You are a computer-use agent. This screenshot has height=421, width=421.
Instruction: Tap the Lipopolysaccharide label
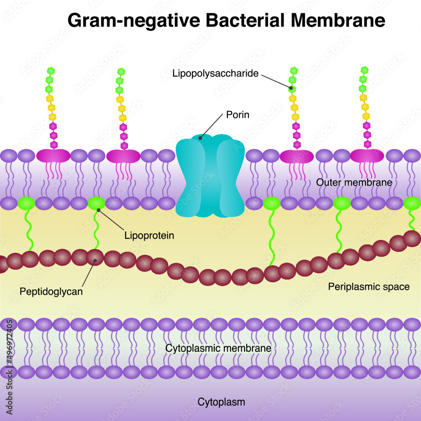click(x=215, y=74)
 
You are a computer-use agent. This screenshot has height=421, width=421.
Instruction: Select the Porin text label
click(x=237, y=115)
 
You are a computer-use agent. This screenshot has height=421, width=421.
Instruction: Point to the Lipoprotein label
click(x=149, y=235)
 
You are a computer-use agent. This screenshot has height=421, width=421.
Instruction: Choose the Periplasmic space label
click(x=368, y=287)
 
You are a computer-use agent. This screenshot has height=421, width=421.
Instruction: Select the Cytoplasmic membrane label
click(x=218, y=349)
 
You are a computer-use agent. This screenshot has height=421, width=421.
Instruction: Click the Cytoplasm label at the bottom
click(x=221, y=402)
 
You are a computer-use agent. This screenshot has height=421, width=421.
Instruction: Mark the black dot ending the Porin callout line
click(x=201, y=137)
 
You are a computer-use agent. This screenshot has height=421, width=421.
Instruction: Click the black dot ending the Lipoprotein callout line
click(x=99, y=209)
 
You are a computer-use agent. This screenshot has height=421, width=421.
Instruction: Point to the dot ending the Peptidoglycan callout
click(x=96, y=261)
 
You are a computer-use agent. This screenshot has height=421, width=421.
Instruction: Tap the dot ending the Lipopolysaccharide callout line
click(x=291, y=88)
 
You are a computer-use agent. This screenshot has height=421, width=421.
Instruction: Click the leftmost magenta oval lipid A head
click(x=53, y=156)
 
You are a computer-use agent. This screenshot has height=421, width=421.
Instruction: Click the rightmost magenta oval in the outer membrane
click(x=367, y=156)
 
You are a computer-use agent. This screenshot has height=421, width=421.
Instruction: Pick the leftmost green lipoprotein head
click(x=26, y=203)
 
